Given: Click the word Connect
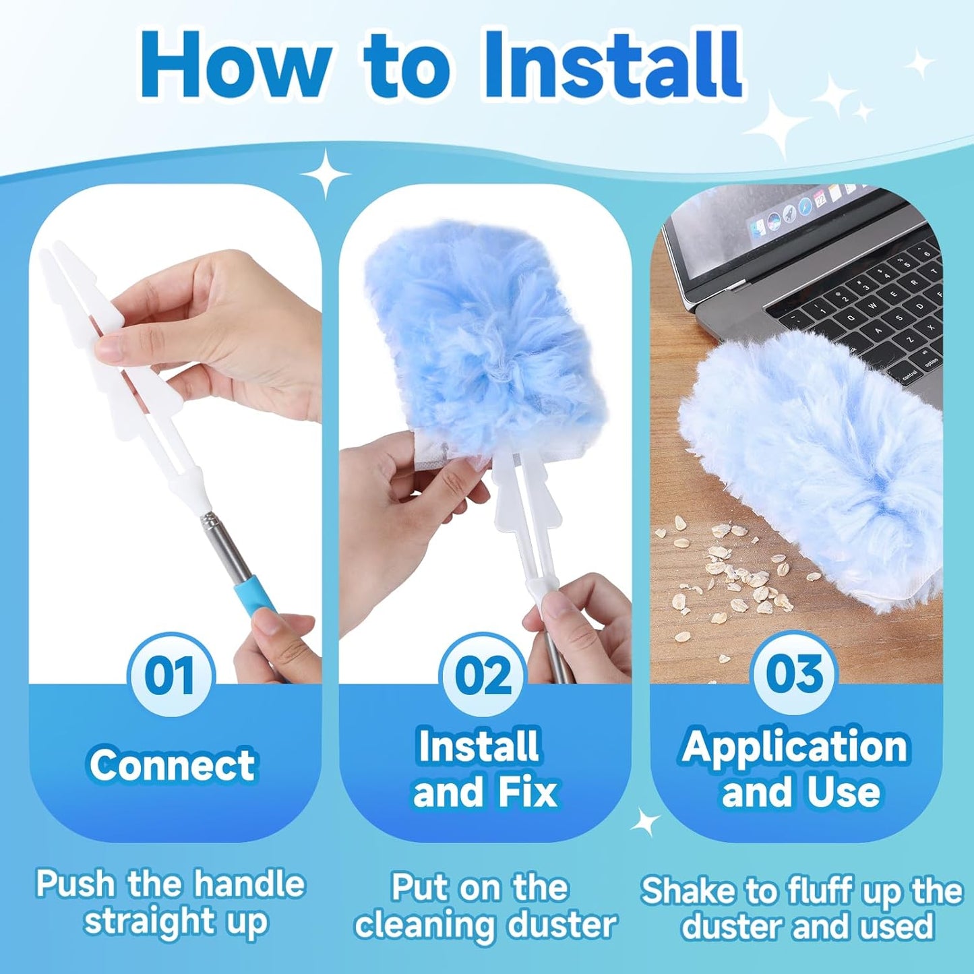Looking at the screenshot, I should coord(173,765).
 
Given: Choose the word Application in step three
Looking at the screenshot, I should coord(795,748).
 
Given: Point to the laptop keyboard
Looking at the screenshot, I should coord(870,317).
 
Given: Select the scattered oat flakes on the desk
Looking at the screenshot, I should coord(735,573).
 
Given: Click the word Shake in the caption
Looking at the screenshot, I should coord(688,891).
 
